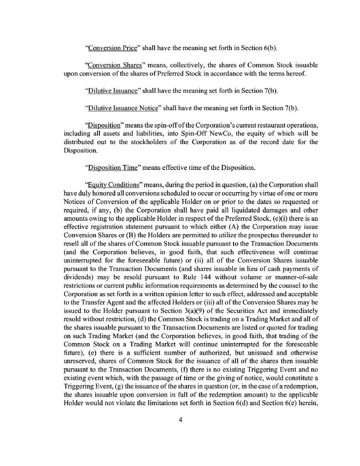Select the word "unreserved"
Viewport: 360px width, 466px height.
tap(79, 361)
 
